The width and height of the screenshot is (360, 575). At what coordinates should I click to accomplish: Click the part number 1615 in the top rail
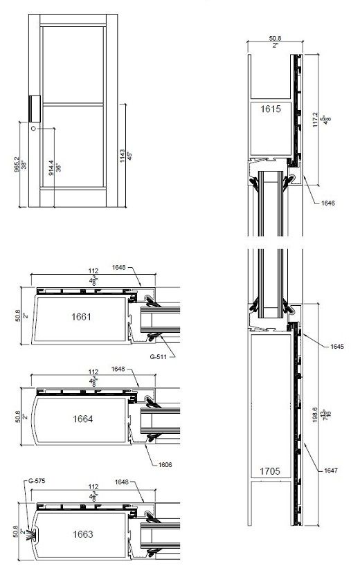coord(272,109)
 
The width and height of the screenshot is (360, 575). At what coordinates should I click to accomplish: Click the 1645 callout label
coord(330,345)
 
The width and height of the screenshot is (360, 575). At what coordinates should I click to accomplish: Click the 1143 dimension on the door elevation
coord(120,154)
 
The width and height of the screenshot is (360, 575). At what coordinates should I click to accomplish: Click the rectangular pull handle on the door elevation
coord(34,109)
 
